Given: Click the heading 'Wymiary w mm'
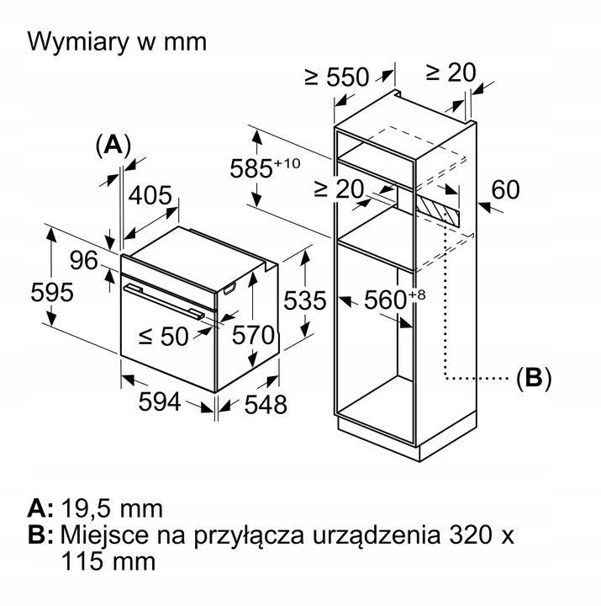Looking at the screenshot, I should click(x=117, y=42).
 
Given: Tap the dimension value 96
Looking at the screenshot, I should click(x=84, y=261).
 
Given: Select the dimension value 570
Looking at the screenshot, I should click(x=253, y=335).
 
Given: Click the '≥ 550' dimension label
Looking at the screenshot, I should click(x=336, y=77).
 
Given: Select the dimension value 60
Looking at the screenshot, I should click(x=506, y=190).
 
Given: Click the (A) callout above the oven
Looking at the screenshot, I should click(x=113, y=145).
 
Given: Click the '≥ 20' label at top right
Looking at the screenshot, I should click(x=451, y=72).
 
